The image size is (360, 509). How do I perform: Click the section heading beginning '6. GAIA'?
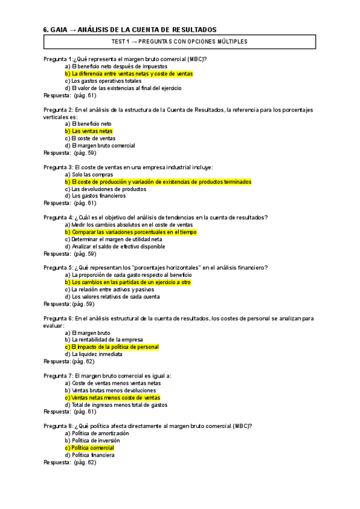pos(130,29)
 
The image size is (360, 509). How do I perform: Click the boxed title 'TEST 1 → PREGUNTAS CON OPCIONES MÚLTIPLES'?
pos(180,41)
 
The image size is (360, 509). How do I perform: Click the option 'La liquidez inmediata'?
pos(97,354)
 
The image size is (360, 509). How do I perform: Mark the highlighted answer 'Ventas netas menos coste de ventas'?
pos(112,397)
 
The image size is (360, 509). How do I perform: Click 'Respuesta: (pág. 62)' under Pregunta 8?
pos(70,463)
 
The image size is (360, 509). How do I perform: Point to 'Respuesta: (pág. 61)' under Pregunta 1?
pos(70,95)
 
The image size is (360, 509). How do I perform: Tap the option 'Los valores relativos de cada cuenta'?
pos(112,297)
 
